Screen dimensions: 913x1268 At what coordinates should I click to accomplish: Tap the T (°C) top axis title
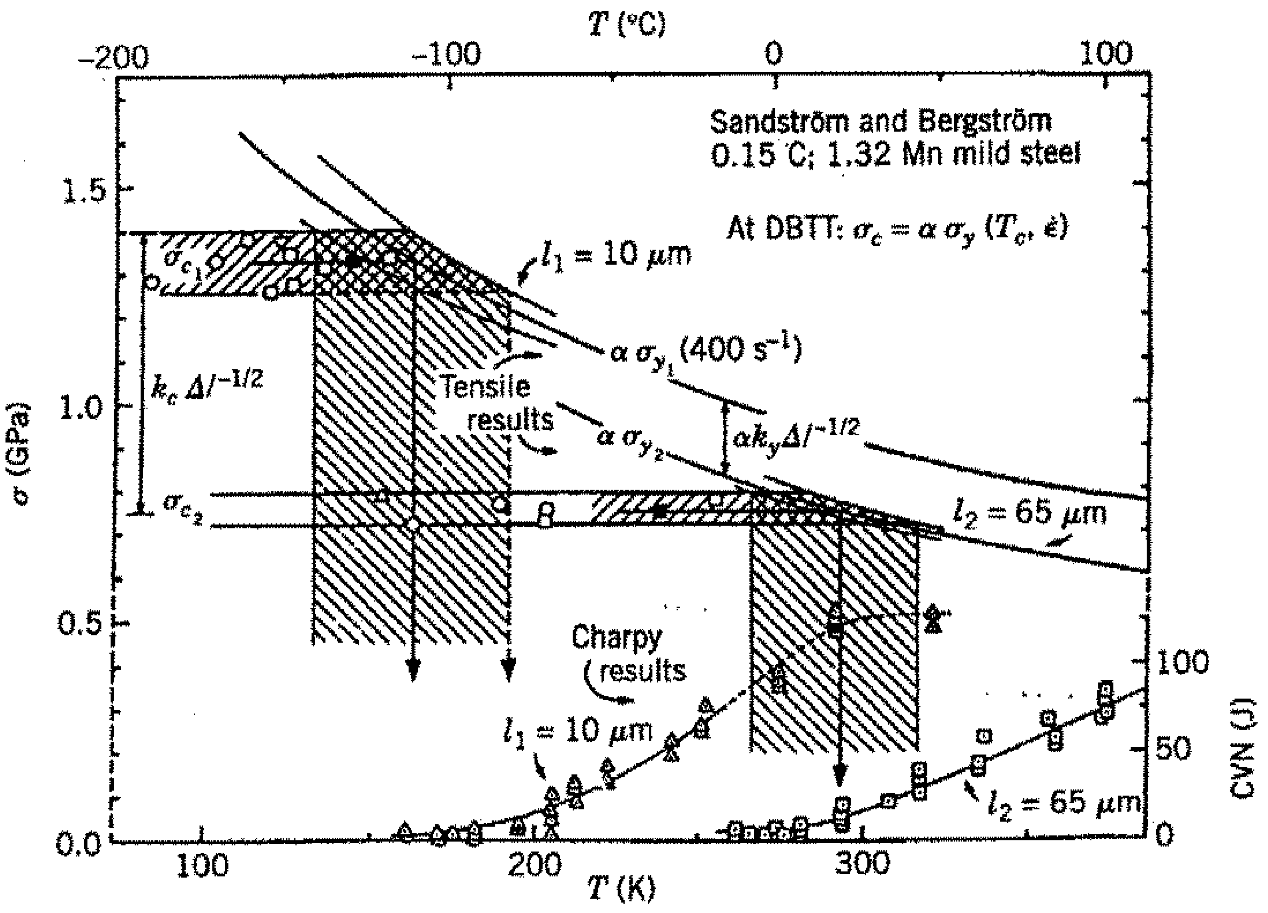coord(627,25)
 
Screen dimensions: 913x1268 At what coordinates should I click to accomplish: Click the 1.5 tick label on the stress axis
coord(84,192)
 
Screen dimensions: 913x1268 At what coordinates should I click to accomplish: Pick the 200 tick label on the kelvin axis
coord(534,865)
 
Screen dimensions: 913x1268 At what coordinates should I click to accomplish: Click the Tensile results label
coord(498,403)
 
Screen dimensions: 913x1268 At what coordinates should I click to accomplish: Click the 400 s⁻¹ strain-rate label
coord(741,349)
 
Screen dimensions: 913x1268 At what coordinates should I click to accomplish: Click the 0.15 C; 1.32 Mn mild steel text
coord(895,154)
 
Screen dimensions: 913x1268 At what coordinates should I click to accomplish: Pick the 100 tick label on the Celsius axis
coord(1105,55)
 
